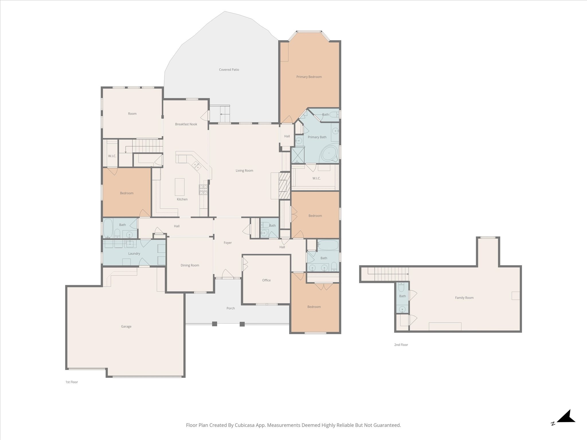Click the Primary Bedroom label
(309, 77)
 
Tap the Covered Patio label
(229, 70)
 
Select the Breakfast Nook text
(186, 124)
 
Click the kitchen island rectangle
(180, 187)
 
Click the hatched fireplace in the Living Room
(285, 185)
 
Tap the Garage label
(126, 326)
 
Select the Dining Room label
(190, 265)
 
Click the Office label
(266, 280)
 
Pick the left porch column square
(214, 324)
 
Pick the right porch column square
(242, 324)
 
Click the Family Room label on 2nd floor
(464, 298)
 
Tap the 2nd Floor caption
(401, 345)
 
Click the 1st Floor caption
(72, 382)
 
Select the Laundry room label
(134, 254)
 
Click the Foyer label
(228, 243)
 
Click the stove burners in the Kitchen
(203, 190)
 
